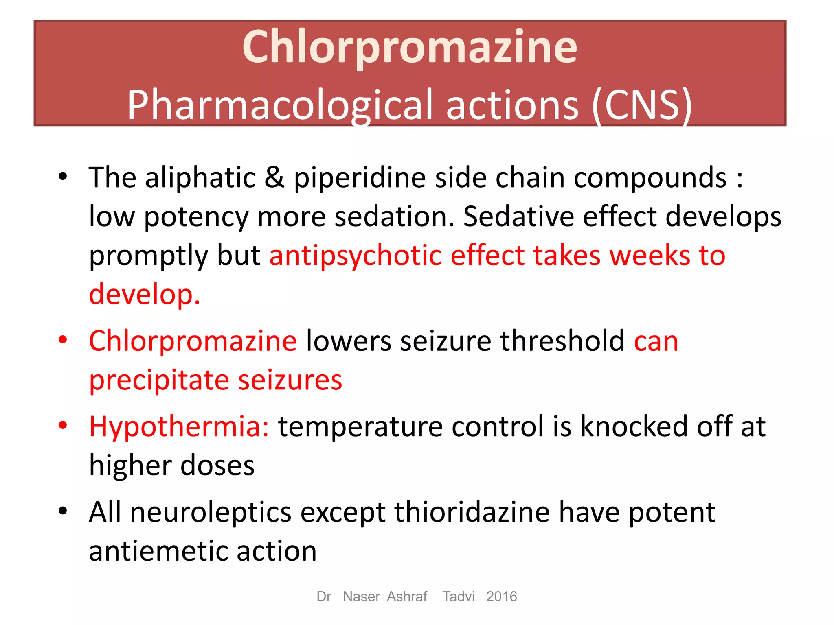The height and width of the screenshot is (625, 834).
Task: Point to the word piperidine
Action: click(x=359, y=178)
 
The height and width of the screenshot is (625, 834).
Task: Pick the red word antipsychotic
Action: click(x=356, y=256)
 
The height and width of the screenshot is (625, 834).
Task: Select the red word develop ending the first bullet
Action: click(x=144, y=294)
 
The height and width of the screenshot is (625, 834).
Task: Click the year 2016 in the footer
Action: click(x=501, y=597)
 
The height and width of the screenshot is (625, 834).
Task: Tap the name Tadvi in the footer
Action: click(x=459, y=597)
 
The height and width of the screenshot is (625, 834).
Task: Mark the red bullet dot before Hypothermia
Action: click(x=63, y=426)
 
